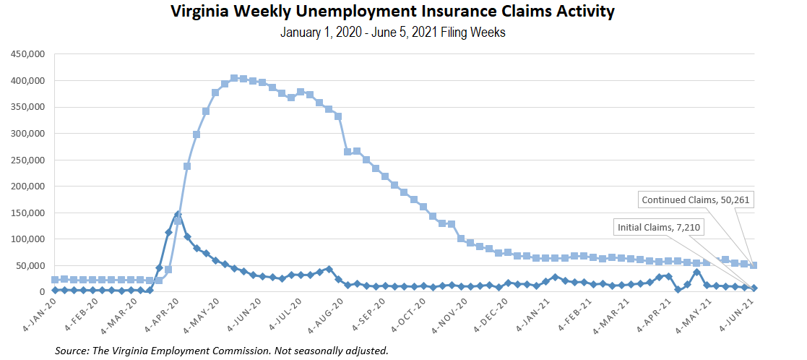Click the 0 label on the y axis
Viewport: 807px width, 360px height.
[x=43, y=292]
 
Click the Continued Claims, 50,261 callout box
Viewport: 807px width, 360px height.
[x=695, y=200]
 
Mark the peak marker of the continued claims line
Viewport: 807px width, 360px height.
[x=234, y=78]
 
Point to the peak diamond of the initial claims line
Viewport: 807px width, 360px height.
[x=178, y=214]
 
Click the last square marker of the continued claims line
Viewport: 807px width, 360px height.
[x=754, y=265]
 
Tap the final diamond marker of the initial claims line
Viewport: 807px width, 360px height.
[x=754, y=288]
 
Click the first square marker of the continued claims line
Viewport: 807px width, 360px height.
[x=55, y=280]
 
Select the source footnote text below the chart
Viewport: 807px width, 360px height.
[x=221, y=351]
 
